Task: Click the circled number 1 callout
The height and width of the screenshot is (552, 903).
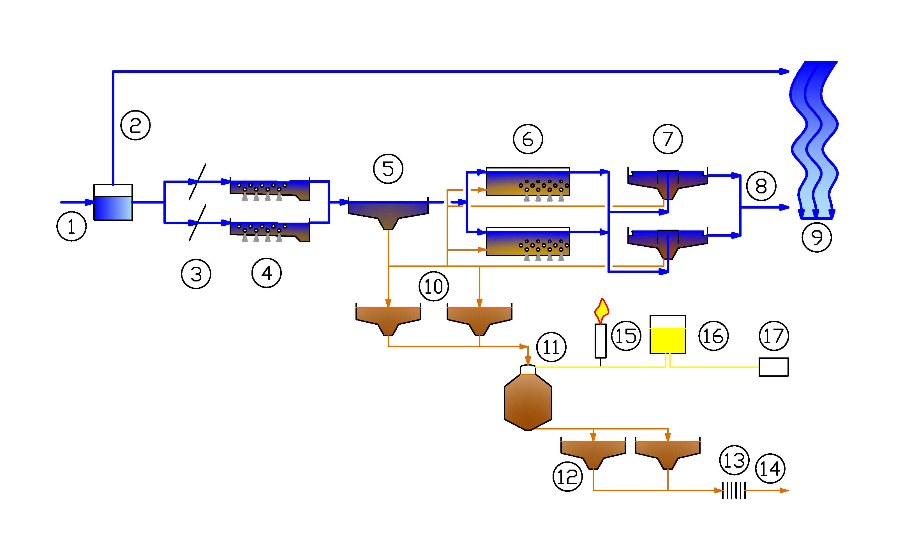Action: click(71, 226)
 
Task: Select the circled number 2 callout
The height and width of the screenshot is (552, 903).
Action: click(136, 125)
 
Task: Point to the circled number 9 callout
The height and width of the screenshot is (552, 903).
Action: click(816, 237)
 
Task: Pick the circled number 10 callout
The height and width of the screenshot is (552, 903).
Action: click(433, 286)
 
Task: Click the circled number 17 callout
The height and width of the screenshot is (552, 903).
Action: click(774, 336)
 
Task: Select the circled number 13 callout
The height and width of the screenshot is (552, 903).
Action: click(734, 460)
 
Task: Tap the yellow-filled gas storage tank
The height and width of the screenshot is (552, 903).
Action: click(668, 340)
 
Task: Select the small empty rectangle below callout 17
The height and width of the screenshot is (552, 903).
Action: click(773, 367)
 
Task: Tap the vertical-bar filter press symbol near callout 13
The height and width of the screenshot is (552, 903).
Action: click(734, 490)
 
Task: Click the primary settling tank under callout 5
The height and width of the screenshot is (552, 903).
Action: click(388, 213)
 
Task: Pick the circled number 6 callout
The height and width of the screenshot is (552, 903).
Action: click(528, 139)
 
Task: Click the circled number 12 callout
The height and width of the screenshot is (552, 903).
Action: click(567, 477)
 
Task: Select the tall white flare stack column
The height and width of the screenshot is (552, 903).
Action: click(600, 341)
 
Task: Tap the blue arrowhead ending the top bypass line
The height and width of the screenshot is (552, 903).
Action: click(784, 72)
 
